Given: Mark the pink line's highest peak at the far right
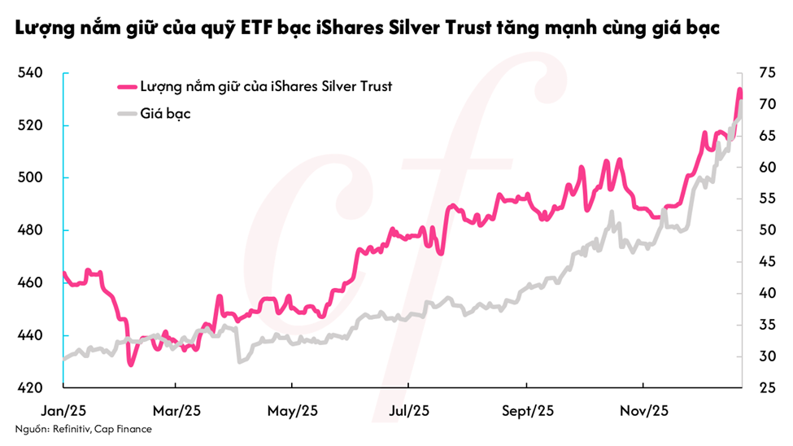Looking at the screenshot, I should tap(739, 90).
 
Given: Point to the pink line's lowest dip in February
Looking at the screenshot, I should tap(130, 365).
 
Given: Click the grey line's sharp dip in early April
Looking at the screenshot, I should tap(239, 361).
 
